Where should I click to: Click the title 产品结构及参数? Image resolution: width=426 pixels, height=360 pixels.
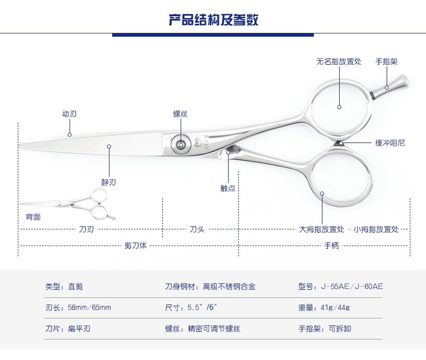click(213, 20)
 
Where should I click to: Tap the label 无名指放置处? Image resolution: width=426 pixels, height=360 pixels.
click(339, 62)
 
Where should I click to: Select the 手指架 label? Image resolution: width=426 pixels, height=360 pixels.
click(386, 62)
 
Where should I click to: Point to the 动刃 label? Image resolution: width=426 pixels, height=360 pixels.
click(69, 114)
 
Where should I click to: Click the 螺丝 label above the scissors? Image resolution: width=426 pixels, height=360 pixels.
click(180, 114)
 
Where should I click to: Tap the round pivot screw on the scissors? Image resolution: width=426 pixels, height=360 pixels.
click(180, 144)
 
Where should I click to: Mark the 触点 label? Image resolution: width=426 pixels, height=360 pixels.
click(228, 188)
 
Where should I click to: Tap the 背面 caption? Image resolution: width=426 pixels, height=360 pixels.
click(33, 217)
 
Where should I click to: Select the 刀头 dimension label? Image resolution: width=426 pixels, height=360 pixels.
click(196, 229)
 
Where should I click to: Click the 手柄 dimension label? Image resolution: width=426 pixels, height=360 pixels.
click(331, 246)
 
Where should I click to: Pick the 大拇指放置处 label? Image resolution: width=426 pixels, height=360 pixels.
click(322, 229)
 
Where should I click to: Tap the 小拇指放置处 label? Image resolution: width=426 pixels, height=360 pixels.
click(376, 229)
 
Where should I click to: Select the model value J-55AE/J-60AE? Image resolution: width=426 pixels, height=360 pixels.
click(355, 287)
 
